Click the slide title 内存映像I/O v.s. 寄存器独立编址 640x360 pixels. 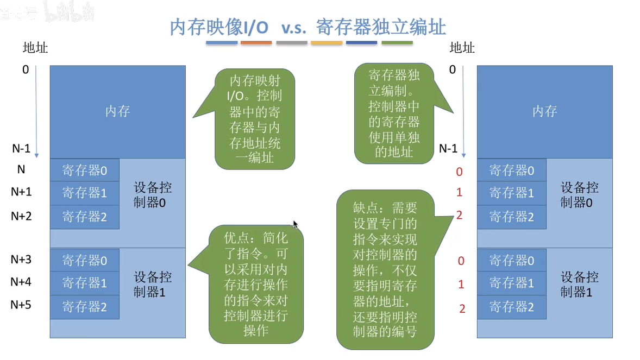(308, 27)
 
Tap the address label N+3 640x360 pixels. (21, 259)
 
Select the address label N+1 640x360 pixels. (21, 192)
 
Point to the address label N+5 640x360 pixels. (21, 305)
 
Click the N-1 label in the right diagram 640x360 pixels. (448, 149)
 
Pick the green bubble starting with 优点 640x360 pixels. (255, 284)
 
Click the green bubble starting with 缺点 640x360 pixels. (386, 269)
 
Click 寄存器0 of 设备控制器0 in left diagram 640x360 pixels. (85, 170)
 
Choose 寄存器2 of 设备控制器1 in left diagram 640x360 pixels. (85, 307)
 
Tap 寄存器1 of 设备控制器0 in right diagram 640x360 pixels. (511, 193)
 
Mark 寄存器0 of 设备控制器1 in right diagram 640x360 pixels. (511, 261)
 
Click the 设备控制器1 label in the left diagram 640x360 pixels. (153, 285)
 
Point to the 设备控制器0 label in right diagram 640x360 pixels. (580, 195)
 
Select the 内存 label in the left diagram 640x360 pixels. (117, 111)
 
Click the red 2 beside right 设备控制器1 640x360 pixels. (462, 308)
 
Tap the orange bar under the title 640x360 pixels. (256, 42)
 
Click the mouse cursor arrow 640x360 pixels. (296, 224)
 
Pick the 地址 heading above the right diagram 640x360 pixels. (462, 48)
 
